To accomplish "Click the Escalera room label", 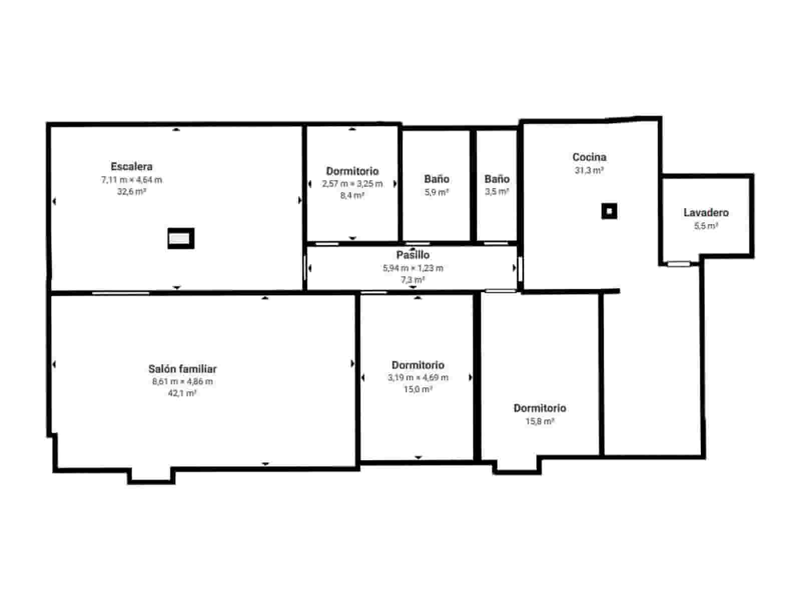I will point(132,167).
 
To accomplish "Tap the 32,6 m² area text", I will point(132,192).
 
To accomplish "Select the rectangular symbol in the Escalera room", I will point(181,239).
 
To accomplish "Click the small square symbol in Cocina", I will point(609,211).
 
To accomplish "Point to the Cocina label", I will point(589,157).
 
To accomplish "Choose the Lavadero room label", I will point(706,213).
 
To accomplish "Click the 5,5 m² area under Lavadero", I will point(706,226).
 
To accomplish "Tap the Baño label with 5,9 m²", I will point(437,179).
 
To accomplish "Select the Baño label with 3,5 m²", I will point(497,179).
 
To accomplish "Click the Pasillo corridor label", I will point(413,255).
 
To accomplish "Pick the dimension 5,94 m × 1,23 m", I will point(413,268).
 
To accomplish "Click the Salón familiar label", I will point(182,369).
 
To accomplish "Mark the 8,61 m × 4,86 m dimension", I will point(182,382).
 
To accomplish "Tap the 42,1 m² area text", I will point(182,394).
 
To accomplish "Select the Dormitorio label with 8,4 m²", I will point(352,171).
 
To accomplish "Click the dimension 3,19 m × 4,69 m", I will point(418,378).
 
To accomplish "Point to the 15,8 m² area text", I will point(540,421).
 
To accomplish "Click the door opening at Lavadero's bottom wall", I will point(678,263).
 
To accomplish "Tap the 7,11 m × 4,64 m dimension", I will point(132,180).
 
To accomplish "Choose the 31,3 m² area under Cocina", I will point(589,171).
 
